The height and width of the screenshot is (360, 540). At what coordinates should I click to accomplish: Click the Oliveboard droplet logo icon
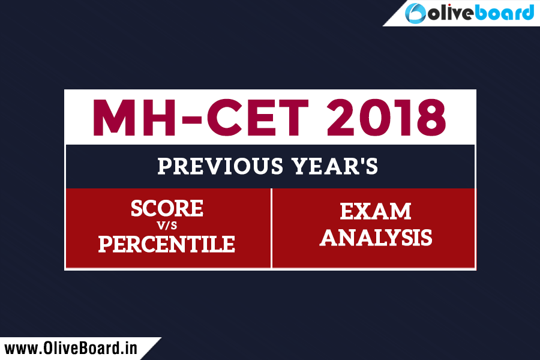[x=415, y=13]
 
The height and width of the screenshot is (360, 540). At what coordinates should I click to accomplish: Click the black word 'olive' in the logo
[x=451, y=13]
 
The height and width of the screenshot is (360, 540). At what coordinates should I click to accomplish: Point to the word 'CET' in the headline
[x=257, y=118]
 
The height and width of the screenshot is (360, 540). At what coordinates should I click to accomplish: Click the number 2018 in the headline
[x=386, y=118]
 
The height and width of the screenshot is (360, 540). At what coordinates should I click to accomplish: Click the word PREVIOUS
[x=220, y=166]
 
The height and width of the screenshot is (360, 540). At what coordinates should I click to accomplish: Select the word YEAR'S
[x=335, y=166]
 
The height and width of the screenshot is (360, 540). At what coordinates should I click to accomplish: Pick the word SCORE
[x=167, y=208]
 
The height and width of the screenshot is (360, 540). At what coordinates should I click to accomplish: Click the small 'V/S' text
[x=167, y=226]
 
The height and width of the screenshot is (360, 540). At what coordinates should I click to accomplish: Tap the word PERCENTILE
[x=167, y=244]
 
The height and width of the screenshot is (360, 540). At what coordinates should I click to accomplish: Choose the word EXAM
[x=376, y=211]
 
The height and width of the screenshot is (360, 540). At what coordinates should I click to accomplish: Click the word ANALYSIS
[x=376, y=238]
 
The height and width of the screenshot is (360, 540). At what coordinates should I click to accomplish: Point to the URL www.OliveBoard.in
[x=71, y=348]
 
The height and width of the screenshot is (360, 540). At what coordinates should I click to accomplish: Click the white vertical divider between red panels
[x=271, y=228]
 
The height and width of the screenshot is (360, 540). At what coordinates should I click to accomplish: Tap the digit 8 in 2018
[x=431, y=118]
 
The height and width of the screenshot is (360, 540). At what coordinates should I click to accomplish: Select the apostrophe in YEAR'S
[x=359, y=161]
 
